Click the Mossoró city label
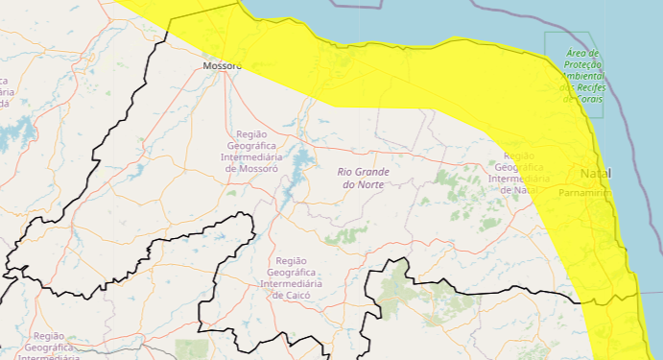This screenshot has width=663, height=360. point(223,66)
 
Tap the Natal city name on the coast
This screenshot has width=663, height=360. point(595,173)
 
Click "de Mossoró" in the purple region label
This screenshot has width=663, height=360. point(250,168)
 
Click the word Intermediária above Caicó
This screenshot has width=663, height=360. point(290,284)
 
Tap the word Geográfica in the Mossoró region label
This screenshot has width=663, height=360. point(250,145)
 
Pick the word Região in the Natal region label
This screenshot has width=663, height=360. point(519,156)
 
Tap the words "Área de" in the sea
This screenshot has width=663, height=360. point(582,53)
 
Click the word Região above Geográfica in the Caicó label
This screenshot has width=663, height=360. point(291,261)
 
